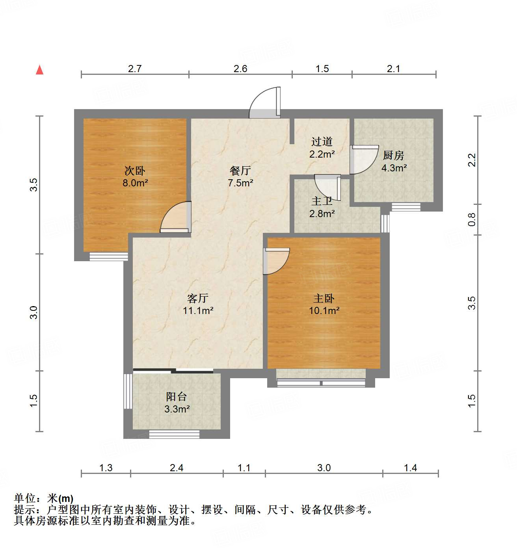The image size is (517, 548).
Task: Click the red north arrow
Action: point(39,70)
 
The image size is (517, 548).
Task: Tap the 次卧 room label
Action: point(135,171)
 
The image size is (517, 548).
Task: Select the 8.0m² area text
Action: point(135,183)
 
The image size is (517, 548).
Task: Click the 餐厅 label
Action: point(240,171)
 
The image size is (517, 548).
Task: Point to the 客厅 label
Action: point(197,298)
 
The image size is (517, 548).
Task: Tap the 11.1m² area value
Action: point(198,310)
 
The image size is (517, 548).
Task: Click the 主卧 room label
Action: point(324,298)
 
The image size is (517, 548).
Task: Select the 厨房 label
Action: point(394,156)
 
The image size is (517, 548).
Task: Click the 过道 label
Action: point(322,141)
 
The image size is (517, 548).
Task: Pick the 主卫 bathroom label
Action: point(322,201)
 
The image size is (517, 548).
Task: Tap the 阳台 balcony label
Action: point(176,397)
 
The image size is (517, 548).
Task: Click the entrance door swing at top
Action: point(265,103)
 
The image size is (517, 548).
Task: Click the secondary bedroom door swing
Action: point(176,217)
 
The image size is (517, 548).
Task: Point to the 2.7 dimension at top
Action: point(135,69)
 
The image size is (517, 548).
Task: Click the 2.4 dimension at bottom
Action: point(177,468)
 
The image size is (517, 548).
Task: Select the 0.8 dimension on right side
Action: point(472,219)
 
